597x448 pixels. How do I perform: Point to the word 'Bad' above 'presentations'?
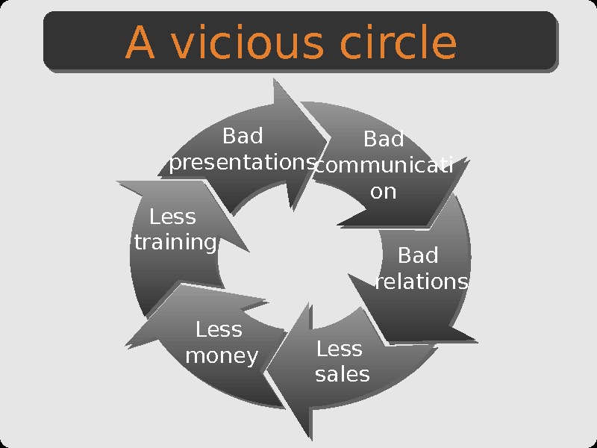(x=243, y=137)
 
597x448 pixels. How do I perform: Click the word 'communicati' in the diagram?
(x=384, y=166)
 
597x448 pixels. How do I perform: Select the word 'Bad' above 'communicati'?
(x=384, y=140)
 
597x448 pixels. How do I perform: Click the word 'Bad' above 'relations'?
(x=418, y=256)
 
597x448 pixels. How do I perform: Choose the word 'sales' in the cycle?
(x=343, y=374)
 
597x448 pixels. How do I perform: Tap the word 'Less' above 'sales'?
(x=340, y=349)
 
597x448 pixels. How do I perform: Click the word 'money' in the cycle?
(x=222, y=355)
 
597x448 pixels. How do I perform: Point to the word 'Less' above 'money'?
(x=219, y=329)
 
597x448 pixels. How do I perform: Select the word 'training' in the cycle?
(x=175, y=243)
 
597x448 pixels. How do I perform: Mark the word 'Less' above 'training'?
(x=172, y=217)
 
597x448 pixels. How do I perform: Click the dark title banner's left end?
(x=48, y=41)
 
